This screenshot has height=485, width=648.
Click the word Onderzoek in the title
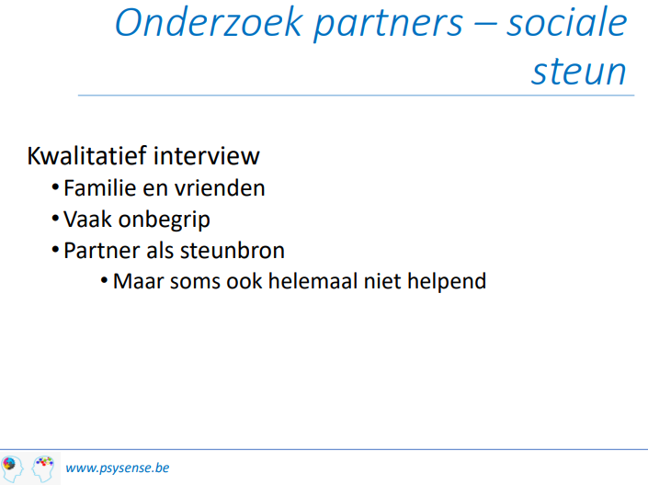(x=209, y=22)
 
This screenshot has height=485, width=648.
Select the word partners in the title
(x=388, y=25)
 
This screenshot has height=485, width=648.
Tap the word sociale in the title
(x=566, y=22)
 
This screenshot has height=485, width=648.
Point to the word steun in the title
(x=578, y=72)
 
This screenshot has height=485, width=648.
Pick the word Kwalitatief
(x=86, y=156)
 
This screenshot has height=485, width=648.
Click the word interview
(x=207, y=156)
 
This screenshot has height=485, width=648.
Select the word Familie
(x=100, y=188)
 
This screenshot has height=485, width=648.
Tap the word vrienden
(x=220, y=188)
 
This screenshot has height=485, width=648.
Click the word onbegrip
(x=164, y=220)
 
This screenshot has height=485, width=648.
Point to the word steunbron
(x=233, y=251)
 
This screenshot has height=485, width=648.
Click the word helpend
(x=447, y=283)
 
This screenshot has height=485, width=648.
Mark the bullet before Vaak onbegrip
(x=55, y=219)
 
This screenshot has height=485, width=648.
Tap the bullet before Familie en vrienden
(x=55, y=187)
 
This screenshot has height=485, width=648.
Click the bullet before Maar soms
(x=104, y=281)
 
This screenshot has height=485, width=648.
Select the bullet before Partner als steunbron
(x=55, y=250)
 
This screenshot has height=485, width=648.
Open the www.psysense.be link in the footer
(x=118, y=468)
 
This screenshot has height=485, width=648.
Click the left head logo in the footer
(x=12, y=468)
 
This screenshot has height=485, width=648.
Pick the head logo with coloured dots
(x=43, y=468)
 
